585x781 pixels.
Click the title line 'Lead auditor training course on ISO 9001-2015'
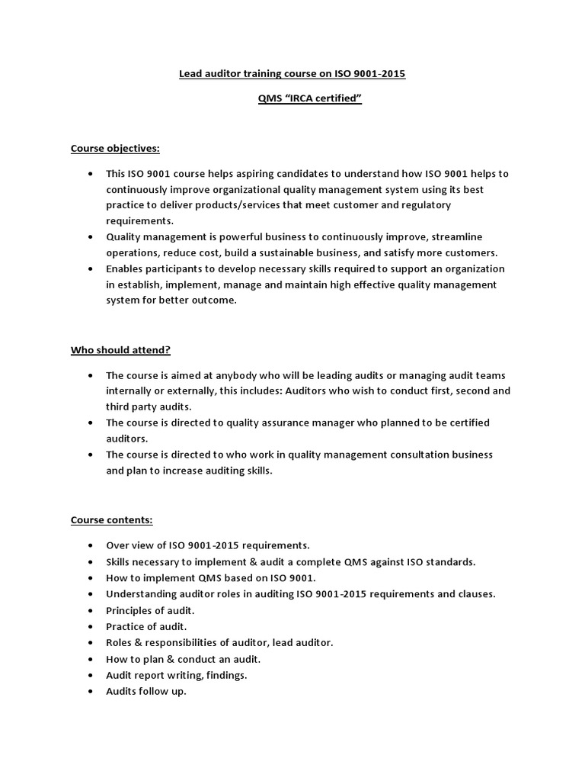tap(292, 74)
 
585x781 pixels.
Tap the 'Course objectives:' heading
tap(115, 148)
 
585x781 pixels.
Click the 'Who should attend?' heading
tap(121, 350)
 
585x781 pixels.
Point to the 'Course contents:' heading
tap(112, 520)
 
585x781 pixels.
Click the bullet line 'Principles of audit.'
tap(150, 610)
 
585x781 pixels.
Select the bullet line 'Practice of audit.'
tap(146, 626)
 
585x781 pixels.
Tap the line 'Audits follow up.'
tap(146, 691)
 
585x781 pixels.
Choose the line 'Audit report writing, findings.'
tap(177, 675)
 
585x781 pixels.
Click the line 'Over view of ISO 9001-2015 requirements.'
tap(208, 545)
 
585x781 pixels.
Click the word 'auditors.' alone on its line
tap(126, 439)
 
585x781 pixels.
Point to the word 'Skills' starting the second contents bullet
tap(120, 561)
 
